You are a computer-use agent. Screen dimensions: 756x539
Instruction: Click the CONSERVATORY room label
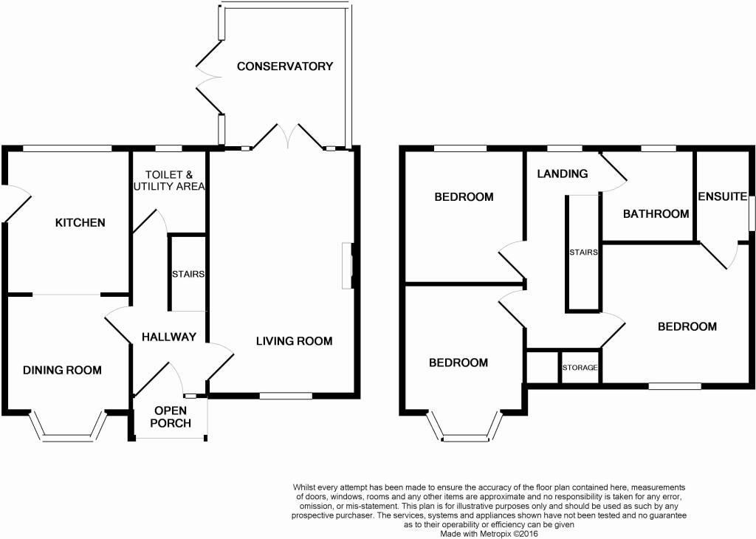tap(285, 66)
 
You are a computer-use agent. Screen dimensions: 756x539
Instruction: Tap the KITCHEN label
tap(80, 222)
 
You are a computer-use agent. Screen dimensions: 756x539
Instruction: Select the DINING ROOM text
tap(62, 370)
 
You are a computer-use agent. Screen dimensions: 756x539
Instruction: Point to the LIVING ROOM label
tap(294, 341)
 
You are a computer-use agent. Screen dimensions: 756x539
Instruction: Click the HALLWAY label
tap(169, 337)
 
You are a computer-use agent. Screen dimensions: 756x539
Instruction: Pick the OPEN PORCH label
tap(171, 416)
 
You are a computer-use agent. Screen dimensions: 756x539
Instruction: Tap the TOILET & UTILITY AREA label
tap(169, 180)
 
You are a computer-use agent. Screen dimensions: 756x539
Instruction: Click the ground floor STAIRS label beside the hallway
tap(188, 274)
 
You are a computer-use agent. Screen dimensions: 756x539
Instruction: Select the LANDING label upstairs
tap(562, 174)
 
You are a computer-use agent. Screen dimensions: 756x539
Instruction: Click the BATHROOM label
tap(656, 213)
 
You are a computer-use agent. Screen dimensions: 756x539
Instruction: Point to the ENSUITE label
tap(723, 196)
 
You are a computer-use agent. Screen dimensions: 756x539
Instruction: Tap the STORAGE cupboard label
tap(580, 368)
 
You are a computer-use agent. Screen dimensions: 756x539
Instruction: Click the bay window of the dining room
tap(67, 426)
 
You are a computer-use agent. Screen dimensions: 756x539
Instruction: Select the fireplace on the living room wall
tap(347, 266)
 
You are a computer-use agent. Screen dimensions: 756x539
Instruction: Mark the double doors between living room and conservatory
tap(289, 135)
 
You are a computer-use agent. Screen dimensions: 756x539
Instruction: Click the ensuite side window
tap(751, 210)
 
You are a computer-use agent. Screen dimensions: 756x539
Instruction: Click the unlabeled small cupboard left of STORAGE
tap(543, 368)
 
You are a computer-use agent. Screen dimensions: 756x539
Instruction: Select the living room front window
tap(286, 396)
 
